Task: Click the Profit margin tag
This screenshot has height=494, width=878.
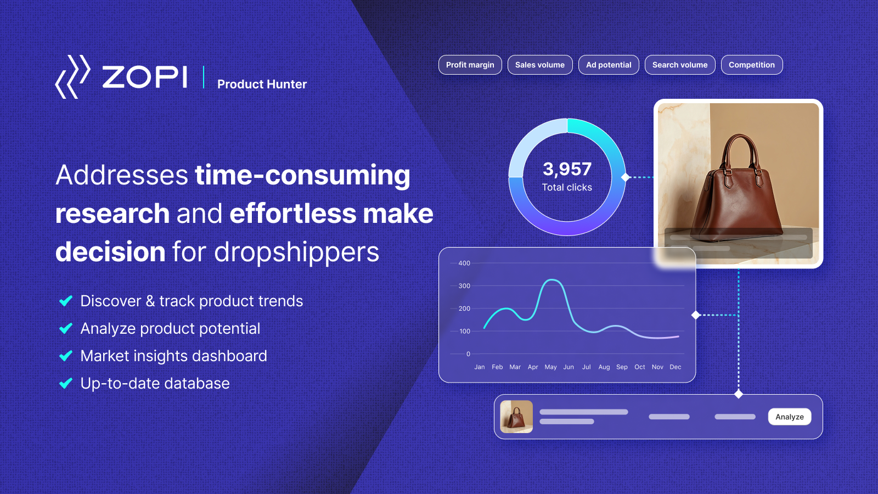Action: [470, 65]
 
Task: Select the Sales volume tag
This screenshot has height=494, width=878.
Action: [540, 65]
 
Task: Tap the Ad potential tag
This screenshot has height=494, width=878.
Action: [609, 65]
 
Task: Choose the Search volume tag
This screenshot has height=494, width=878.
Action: [680, 65]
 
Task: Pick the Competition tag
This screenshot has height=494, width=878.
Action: [752, 65]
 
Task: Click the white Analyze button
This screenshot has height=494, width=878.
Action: [790, 417]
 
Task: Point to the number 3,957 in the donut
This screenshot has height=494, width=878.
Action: [567, 169]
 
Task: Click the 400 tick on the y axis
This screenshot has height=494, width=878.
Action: [464, 263]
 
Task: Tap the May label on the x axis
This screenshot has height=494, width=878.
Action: [551, 367]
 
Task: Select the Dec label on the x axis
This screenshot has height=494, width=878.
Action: [676, 367]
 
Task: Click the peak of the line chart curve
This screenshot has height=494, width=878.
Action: [552, 279]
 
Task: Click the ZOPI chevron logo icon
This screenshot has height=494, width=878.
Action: [73, 76]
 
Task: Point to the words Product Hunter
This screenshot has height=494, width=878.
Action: [262, 84]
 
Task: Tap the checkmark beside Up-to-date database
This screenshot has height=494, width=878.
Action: [66, 383]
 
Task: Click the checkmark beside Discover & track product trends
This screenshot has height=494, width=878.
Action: [66, 301]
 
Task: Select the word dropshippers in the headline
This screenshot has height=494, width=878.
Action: [296, 252]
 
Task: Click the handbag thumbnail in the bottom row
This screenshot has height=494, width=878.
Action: [516, 417]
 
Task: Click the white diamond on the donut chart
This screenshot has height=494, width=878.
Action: [626, 177]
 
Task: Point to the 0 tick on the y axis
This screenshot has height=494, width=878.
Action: [468, 354]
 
